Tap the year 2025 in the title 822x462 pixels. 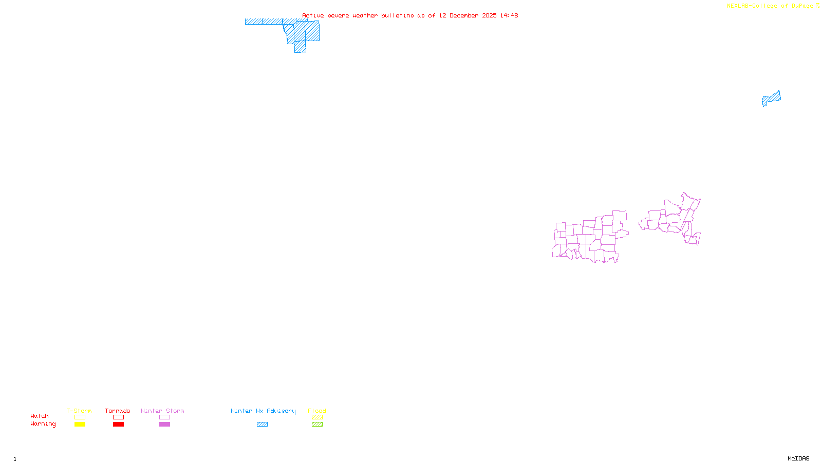coord(489,15)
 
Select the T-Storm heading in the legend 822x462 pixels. coord(79,411)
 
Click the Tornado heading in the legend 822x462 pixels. coord(118,411)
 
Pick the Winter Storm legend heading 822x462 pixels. coord(162,411)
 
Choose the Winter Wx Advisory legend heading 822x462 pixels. coord(263,411)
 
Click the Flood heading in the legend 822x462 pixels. coord(317,411)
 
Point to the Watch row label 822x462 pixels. coord(40,416)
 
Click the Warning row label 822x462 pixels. coord(43,424)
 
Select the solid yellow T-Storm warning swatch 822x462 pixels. coord(80,425)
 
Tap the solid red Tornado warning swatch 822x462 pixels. coord(118,425)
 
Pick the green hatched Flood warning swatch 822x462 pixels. coord(317,425)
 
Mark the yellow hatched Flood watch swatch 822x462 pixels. coord(317,417)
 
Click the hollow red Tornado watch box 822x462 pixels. coord(118,417)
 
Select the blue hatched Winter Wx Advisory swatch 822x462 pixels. coord(262,425)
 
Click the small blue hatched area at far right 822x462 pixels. coord(772,98)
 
